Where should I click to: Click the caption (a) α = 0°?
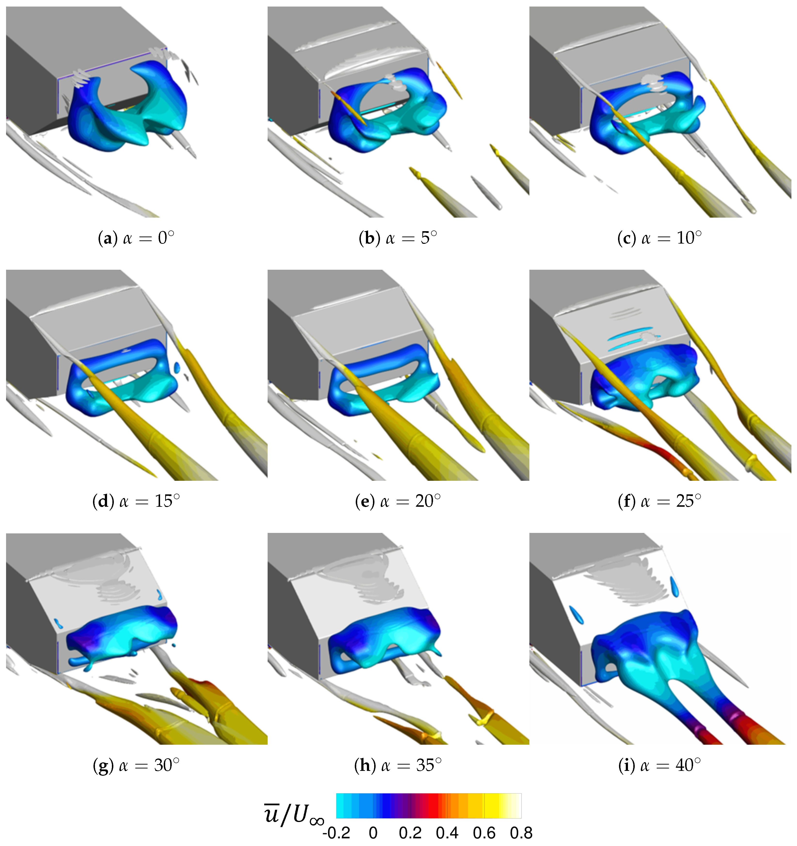136,238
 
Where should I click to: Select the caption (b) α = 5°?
398,238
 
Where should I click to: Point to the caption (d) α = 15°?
136,501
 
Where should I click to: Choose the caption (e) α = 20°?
398,501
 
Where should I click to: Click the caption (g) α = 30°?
136,765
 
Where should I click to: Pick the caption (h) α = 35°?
398,765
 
